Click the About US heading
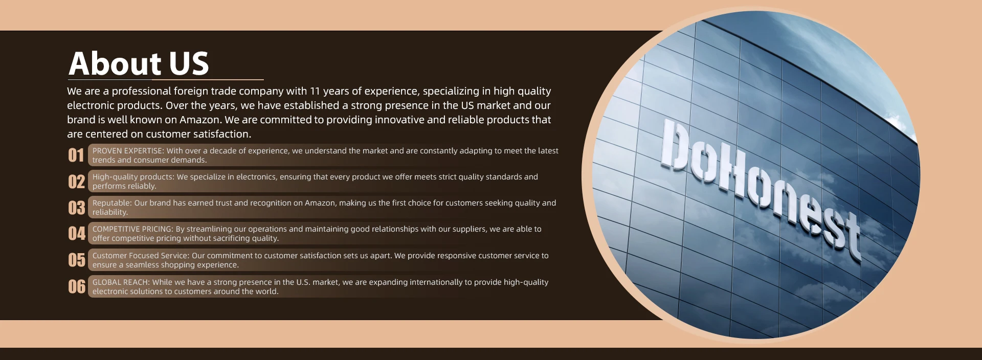pyautogui.click(x=139, y=63)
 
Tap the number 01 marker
pyautogui.click(x=76, y=155)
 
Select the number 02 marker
pyautogui.click(x=77, y=182)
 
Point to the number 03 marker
pyautogui.click(x=77, y=208)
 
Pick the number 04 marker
pyautogui.click(x=77, y=234)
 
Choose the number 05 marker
pyautogui.click(x=77, y=260)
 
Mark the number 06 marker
pyautogui.click(x=77, y=287)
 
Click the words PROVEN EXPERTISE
pyautogui.click(x=127, y=151)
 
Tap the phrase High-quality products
pyautogui.click(x=133, y=177)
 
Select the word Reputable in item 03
pyautogui.click(x=112, y=203)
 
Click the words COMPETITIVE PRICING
pyautogui.click(x=132, y=229)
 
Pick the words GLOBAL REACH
pyautogui.click(x=121, y=282)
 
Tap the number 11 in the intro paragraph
pyautogui.click(x=315, y=91)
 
